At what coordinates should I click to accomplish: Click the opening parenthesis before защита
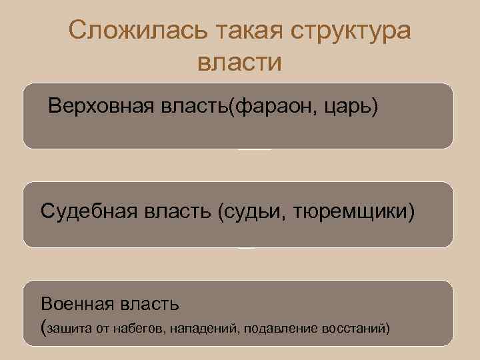tap(44, 327)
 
